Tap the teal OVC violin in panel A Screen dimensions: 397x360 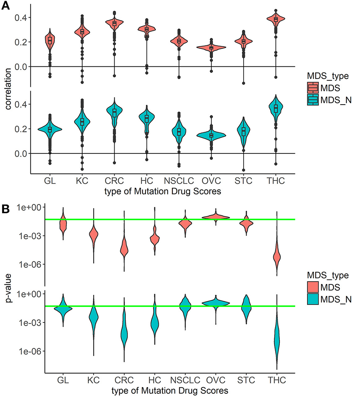pyautogui.click(x=211, y=135)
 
